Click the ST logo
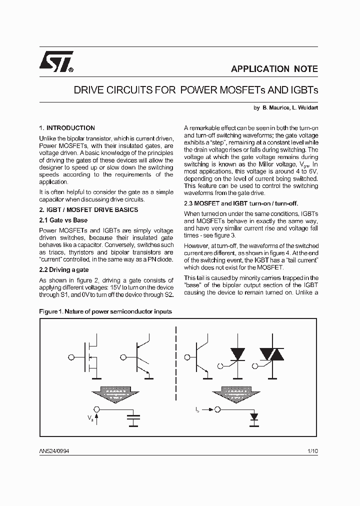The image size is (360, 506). (x=56, y=62)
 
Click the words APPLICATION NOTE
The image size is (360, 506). (x=274, y=69)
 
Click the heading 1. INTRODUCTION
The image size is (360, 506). (x=67, y=128)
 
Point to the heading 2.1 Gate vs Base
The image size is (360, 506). (x=63, y=220)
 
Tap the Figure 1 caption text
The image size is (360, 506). (x=105, y=311)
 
